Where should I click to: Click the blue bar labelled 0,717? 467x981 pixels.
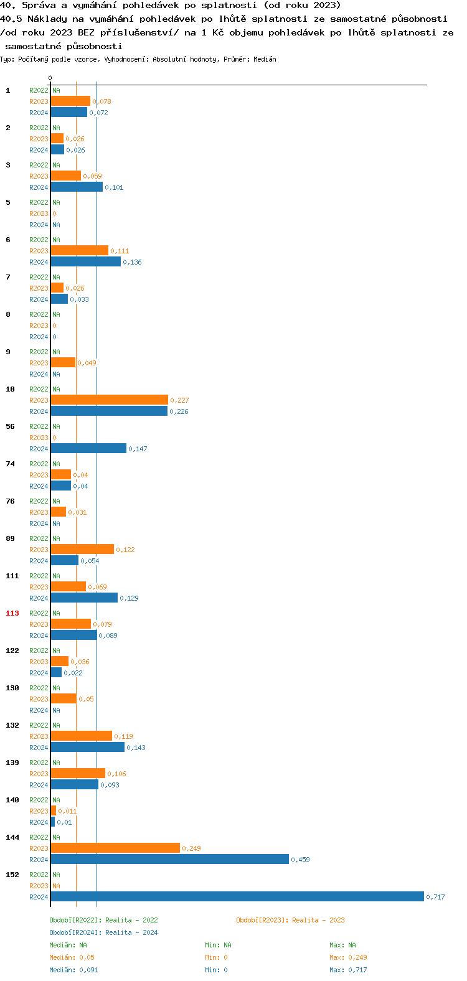click(x=237, y=896)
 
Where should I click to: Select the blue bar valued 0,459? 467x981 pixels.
click(x=169, y=859)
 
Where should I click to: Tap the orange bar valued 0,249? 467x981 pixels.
click(x=115, y=848)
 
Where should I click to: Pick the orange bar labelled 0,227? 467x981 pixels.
click(x=109, y=400)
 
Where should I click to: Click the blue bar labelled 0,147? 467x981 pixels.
click(x=88, y=448)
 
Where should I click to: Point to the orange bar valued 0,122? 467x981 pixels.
click(x=82, y=549)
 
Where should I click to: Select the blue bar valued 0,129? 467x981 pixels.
click(x=84, y=598)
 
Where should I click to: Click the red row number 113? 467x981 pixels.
click(x=12, y=613)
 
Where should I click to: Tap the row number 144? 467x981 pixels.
click(x=12, y=837)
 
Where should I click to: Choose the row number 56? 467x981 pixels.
click(x=10, y=426)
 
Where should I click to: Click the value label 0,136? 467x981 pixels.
click(x=132, y=262)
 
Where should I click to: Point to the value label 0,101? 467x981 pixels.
click(x=114, y=187)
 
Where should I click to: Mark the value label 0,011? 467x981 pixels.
click(x=67, y=811)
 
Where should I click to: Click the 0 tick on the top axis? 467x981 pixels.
click(x=50, y=78)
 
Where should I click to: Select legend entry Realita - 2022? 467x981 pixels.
click(x=103, y=920)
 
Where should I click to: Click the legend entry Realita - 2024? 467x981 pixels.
click(x=103, y=932)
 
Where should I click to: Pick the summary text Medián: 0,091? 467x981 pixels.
click(x=73, y=970)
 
